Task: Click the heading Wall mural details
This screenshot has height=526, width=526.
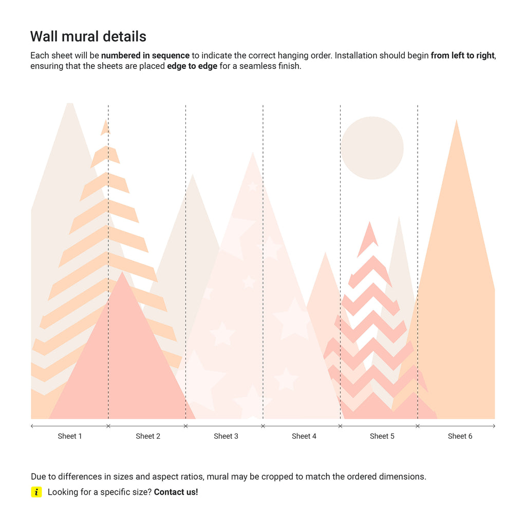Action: pos(88,36)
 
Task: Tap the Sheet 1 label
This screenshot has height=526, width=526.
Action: pos(70,436)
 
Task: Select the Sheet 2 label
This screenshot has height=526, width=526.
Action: pos(148,436)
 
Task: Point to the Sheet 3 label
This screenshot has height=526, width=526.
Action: pos(226,436)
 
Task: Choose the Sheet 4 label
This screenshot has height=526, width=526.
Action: pos(304,436)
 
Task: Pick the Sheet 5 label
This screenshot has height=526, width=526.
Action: pos(382,436)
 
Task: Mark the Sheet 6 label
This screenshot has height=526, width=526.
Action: pos(460,436)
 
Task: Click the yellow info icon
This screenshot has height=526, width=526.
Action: pos(36,492)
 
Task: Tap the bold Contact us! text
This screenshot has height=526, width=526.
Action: pos(176,492)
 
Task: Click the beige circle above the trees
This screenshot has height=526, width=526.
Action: pos(372,148)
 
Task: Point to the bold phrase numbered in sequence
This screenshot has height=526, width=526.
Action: pos(146,55)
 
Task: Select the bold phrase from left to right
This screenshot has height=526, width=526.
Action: pos(462,55)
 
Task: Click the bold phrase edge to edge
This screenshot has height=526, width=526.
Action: pos(192,66)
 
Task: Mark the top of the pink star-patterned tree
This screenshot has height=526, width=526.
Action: pos(252,154)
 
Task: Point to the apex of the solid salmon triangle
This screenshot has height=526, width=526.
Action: pos(122,273)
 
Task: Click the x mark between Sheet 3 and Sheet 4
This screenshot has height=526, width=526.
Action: pos(263,426)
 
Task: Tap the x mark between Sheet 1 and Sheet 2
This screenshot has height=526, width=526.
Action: pos(108,426)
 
